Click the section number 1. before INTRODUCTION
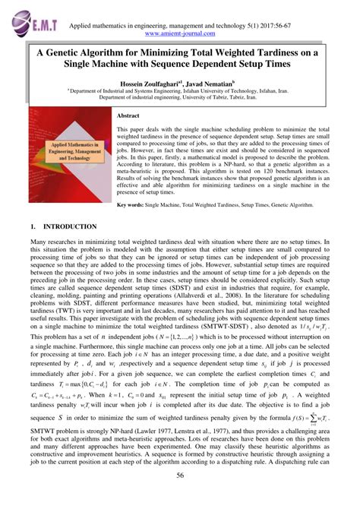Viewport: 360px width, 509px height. (x=33, y=226)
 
